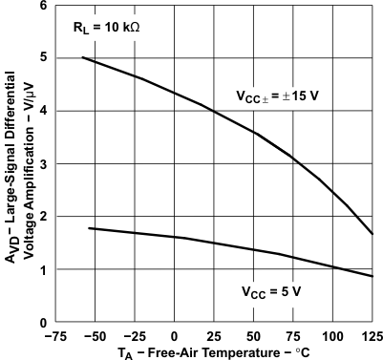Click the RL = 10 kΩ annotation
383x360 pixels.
(x=106, y=28)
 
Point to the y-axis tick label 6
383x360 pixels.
(x=43, y=6)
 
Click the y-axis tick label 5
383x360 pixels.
(x=43, y=57)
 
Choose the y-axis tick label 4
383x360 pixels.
(x=43, y=111)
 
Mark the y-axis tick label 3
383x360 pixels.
(x=43, y=164)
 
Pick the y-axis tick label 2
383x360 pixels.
(x=43, y=217)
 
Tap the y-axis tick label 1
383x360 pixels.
(x=43, y=270)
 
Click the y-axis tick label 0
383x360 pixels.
(x=43, y=323)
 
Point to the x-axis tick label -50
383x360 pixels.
(x=93, y=336)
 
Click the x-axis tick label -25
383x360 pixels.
(x=133, y=336)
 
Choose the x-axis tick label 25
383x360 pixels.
(x=213, y=336)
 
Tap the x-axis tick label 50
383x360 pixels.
(x=253, y=336)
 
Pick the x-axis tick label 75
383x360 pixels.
(x=293, y=336)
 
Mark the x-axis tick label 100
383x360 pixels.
(x=332, y=336)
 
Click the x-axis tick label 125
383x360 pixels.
(x=371, y=336)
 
